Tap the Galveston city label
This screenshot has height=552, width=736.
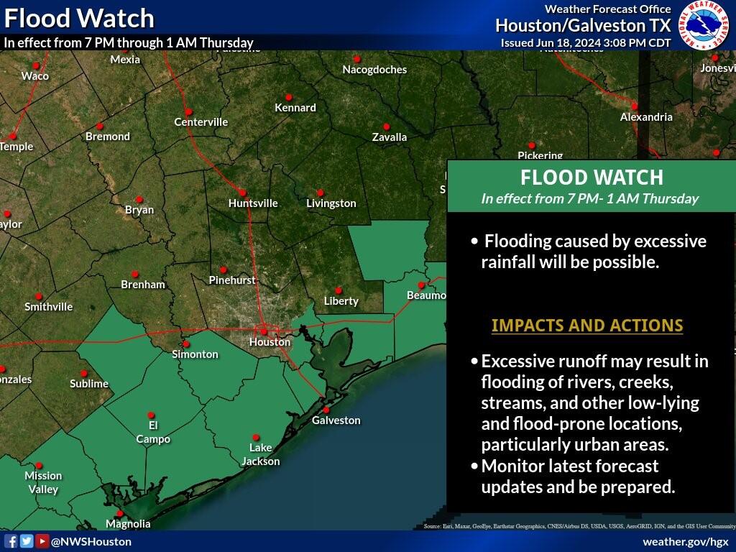click(336, 420)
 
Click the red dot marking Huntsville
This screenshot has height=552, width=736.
click(242, 193)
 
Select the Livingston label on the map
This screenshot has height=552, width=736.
click(331, 203)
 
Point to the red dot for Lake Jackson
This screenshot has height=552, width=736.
click(256, 437)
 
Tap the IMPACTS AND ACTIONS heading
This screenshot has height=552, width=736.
click(586, 326)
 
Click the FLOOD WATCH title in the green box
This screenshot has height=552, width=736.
click(591, 178)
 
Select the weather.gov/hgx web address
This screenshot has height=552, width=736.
click(685, 541)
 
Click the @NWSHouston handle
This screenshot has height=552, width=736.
click(91, 541)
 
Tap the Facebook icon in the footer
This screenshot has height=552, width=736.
click(11, 541)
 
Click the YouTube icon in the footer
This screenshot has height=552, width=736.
click(42, 541)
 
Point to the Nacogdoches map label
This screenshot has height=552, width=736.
click(374, 70)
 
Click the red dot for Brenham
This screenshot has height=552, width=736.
click(134, 274)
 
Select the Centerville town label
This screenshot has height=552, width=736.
click(201, 122)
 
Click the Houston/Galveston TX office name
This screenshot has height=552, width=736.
click(582, 26)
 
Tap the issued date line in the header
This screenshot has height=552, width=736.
click(585, 42)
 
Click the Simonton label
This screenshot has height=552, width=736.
click(195, 354)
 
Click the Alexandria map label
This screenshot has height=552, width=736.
click(646, 116)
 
